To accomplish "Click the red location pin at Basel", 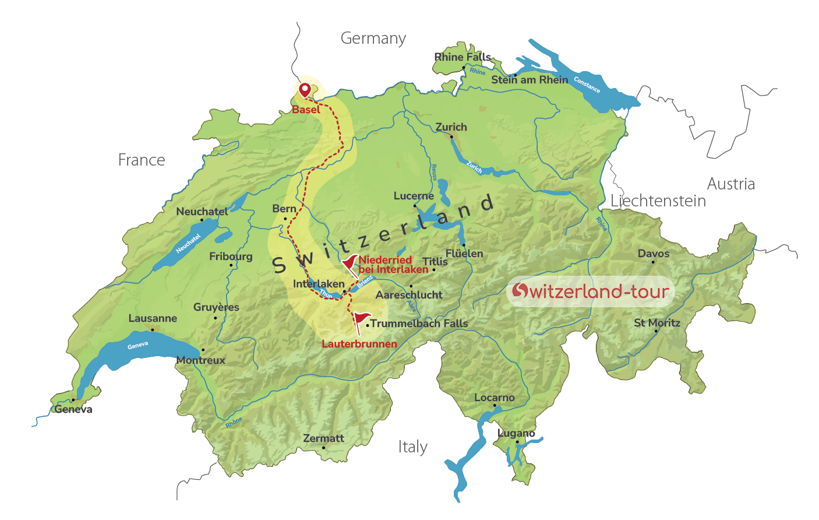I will (304, 90).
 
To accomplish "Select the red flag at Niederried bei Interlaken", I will (350, 263).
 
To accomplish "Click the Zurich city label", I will (451, 127).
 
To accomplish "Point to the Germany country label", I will (373, 38).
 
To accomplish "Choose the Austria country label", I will (730, 184).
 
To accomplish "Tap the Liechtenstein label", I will (658, 201).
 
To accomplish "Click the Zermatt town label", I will (323, 438).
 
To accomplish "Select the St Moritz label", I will (656, 323).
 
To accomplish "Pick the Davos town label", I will (653, 254).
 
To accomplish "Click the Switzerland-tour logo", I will (590, 291).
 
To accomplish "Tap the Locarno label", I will (494, 398).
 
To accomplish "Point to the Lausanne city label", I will (153, 318).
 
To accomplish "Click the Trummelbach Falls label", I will (419, 324).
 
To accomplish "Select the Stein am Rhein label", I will (529, 80).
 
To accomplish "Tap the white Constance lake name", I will (587, 85).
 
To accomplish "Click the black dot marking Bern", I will (285, 219).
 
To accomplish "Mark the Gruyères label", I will (216, 307).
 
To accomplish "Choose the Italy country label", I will (412, 447).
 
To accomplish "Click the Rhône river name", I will (234, 423).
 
